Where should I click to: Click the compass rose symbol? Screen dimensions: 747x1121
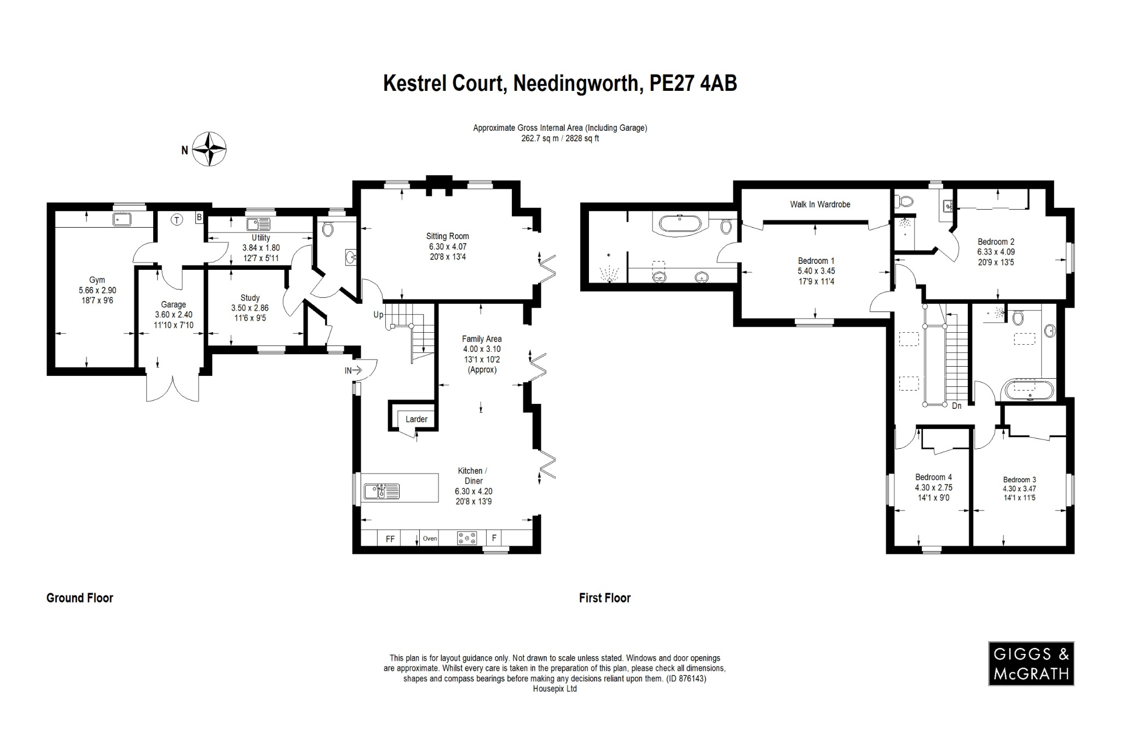pyautogui.click(x=211, y=149)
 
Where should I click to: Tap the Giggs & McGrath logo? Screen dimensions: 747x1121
pyautogui.click(x=1031, y=663)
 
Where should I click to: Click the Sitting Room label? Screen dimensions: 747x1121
pyautogui.click(x=447, y=236)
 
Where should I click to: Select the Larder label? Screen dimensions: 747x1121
pyautogui.click(x=416, y=419)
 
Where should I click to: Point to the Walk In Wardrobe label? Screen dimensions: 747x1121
pyautogui.click(x=819, y=204)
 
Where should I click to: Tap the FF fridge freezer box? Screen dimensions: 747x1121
pyautogui.click(x=390, y=538)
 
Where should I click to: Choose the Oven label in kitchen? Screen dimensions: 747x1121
pyautogui.click(x=430, y=538)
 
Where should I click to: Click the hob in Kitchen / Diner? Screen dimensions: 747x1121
pyautogui.click(x=466, y=538)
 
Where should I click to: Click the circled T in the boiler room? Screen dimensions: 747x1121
pyautogui.click(x=176, y=220)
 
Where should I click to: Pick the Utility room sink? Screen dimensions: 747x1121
pyautogui.click(x=258, y=224)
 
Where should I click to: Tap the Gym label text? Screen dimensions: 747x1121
pyautogui.click(x=97, y=280)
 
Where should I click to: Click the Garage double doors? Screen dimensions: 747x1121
pyautogui.click(x=172, y=387)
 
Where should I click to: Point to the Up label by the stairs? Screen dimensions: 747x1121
pyautogui.click(x=378, y=315)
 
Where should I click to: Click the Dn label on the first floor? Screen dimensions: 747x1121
pyautogui.click(x=956, y=406)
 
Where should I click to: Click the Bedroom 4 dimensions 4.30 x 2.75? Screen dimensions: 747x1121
pyautogui.click(x=933, y=487)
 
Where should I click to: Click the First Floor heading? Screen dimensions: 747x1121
pyautogui.click(x=604, y=598)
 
